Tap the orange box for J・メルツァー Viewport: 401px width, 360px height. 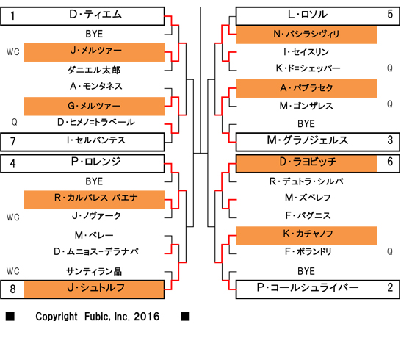[95, 51]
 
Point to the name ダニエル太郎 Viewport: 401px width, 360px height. [95, 69]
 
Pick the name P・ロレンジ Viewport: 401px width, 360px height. [95, 162]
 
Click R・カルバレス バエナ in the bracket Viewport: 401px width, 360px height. [95, 198]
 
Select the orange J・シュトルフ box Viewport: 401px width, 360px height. [95, 288]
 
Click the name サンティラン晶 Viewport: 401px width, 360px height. [95, 270]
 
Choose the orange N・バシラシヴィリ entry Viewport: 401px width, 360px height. [306, 34]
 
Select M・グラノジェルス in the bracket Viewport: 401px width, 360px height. [306, 141]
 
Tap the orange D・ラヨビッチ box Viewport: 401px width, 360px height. [306, 162]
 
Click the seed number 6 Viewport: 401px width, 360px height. [389, 162]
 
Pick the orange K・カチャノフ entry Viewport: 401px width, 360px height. [306, 234]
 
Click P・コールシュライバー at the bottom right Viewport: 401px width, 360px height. [306, 288]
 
